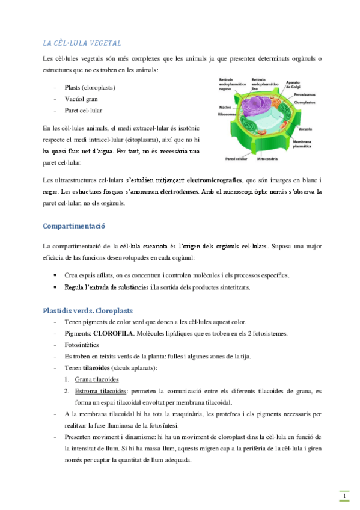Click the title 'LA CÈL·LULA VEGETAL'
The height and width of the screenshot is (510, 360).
point(82,43)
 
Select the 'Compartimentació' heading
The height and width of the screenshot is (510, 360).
point(74,226)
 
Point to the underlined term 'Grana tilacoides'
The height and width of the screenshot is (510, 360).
point(97,379)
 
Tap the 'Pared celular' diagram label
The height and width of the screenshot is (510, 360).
point(236,159)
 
